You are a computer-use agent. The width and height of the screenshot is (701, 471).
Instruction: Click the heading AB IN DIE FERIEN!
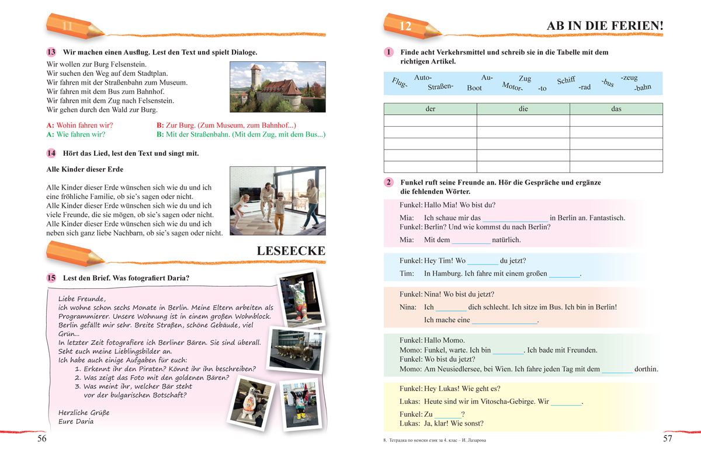[605, 26]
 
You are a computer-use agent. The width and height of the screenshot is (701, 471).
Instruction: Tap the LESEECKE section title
[291, 251]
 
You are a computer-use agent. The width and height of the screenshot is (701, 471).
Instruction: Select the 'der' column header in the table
[431, 109]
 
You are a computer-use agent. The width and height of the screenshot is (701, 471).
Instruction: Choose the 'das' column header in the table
[616, 109]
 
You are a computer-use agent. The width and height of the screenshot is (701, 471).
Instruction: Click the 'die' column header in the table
[523, 109]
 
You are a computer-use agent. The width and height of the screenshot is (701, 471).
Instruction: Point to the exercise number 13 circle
[51, 52]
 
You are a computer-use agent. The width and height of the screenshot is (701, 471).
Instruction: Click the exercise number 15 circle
[51, 278]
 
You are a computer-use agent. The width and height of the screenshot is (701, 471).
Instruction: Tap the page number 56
[42, 439]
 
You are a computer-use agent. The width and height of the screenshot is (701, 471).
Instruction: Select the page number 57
[668, 439]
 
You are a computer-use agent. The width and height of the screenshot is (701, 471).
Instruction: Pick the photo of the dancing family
[277, 201]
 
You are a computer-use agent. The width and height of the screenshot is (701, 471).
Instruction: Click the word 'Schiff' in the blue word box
[566, 81]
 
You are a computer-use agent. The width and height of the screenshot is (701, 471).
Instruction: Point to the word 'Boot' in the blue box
[474, 89]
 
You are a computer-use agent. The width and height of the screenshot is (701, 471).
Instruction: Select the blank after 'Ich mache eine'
[504, 320]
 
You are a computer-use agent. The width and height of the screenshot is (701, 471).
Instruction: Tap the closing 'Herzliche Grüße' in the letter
[84, 412]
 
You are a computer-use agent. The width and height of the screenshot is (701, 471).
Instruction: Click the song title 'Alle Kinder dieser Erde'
[84, 170]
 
